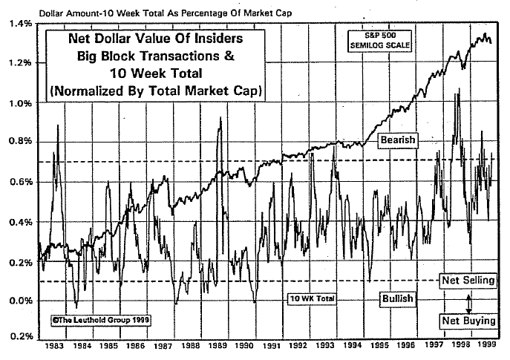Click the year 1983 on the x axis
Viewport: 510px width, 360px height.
pyautogui.click(x=53, y=346)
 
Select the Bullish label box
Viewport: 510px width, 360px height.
pyautogui.click(x=397, y=298)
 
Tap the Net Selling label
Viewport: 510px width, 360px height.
pyautogui.click(x=467, y=282)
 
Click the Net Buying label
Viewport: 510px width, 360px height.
pyautogui.click(x=467, y=321)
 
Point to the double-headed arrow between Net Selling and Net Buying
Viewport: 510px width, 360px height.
pyautogui.click(x=468, y=302)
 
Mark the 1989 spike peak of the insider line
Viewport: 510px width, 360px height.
pyautogui.click(x=220, y=119)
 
